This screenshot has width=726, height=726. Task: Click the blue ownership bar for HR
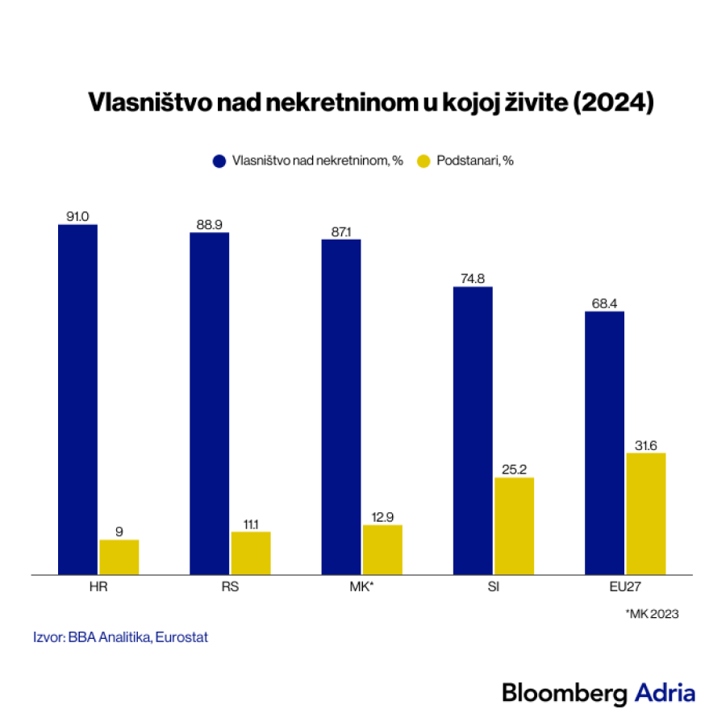point(77,399)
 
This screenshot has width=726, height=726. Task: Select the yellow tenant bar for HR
point(119,557)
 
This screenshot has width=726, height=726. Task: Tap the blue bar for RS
point(210,403)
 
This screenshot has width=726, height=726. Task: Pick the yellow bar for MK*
point(382,549)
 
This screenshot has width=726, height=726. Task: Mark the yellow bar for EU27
point(645,513)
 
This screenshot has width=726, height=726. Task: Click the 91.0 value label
point(77,216)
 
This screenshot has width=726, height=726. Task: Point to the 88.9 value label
point(210,224)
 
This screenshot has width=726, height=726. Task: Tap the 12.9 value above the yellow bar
point(382,516)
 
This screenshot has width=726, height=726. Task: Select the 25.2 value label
point(514,469)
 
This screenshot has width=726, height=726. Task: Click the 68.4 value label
point(604,302)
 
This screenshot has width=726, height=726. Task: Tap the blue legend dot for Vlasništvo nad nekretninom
point(219,161)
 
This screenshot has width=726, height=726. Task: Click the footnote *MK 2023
point(652,614)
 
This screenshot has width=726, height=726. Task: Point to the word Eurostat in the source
point(182,636)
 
